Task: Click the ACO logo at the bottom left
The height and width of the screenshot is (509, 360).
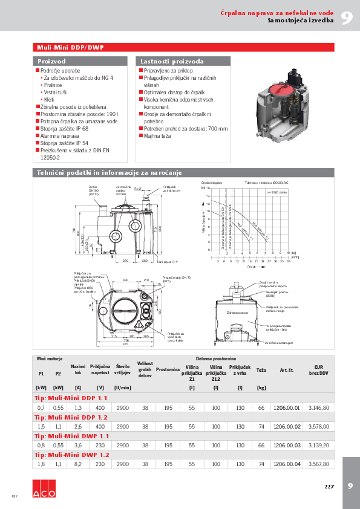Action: (44, 493)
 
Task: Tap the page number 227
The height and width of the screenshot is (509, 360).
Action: (329, 486)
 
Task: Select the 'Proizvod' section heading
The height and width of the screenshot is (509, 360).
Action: (51, 62)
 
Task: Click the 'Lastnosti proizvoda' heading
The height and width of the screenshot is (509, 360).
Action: (172, 62)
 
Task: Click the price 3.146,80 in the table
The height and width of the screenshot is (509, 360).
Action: (318, 407)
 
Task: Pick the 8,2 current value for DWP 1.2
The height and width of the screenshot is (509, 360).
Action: (78, 464)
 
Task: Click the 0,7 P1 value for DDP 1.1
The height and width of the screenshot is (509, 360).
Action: (41, 407)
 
